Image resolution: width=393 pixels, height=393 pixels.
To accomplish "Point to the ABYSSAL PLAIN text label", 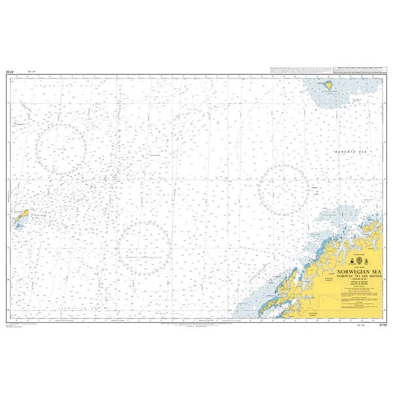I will click(145, 260).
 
